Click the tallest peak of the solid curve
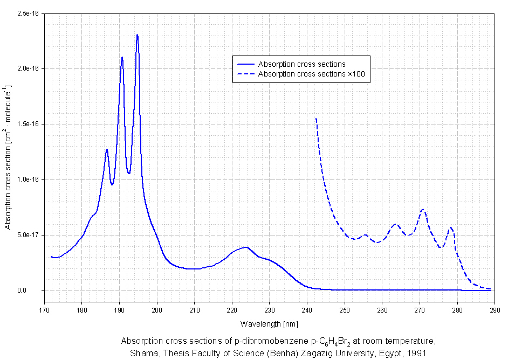(x=138, y=35)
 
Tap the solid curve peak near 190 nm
(x=122, y=57)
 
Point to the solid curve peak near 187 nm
(x=107, y=150)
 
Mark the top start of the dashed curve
(x=315, y=118)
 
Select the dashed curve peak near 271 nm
(x=423, y=209)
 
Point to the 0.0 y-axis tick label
(x=35, y=291)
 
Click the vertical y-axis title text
(x=8, y=156)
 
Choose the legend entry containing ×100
(x=313, y=74)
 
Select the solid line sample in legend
(x=245, y=65)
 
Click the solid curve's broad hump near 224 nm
(x=246, y=247)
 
